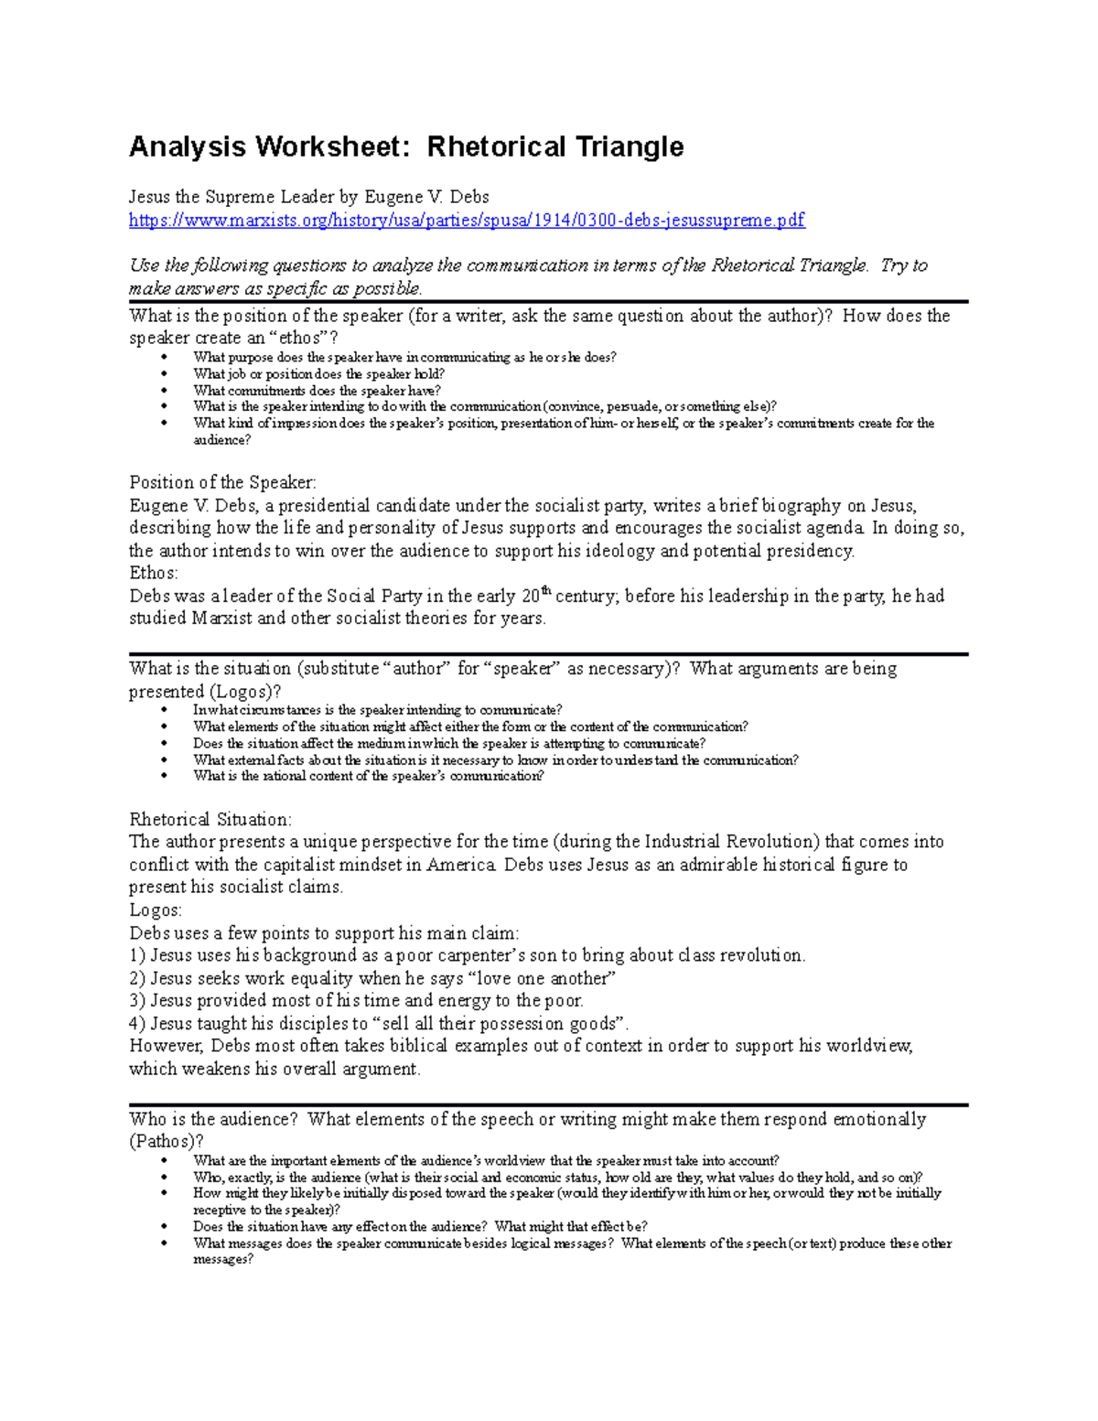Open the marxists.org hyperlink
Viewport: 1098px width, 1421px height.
[x=467, y=221]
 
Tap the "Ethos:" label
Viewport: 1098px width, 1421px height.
[x=154, y=574]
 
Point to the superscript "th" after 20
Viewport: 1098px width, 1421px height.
[x=547, y=592]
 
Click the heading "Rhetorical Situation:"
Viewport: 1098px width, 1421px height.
[x=210, y=820]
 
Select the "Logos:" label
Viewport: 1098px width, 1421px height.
[x=156, y=910]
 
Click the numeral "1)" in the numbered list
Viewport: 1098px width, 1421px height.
[x=137, y=956]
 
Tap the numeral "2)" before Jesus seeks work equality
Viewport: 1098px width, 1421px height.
[x=137, y=979]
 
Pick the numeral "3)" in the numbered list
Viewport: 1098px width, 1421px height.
[x=137, y=1001]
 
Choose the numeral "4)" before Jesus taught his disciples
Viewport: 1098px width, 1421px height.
[x=137, y=1024]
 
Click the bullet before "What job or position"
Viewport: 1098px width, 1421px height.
[x=165, y=374]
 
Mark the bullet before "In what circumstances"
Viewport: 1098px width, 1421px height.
[x=165, y=710]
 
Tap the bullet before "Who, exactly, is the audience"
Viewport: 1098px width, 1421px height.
[x=165, y=1178]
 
